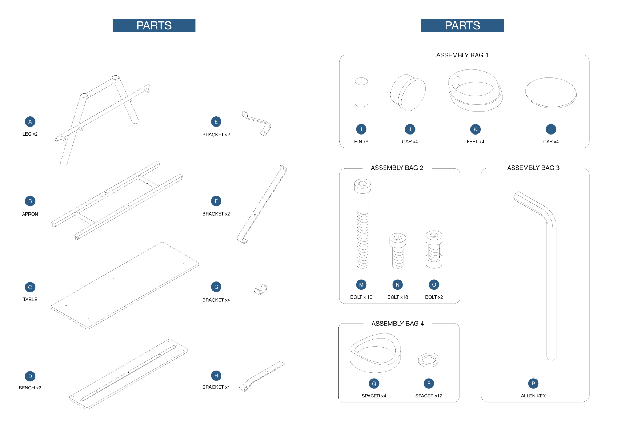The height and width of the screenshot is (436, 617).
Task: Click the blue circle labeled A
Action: [x=30, y=122]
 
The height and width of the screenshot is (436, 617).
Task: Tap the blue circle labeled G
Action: [x=216, y=287]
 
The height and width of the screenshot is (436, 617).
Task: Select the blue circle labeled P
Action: [x=533, y=383]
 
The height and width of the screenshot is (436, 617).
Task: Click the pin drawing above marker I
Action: [x=361, y=92]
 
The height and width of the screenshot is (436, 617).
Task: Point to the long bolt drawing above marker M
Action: [x=362, y=224]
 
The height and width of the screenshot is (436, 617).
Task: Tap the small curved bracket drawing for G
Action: [x=261, y=289]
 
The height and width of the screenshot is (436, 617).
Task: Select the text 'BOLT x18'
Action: [x=397, y=297]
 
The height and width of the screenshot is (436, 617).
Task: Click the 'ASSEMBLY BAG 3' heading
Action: [x=533, y=168]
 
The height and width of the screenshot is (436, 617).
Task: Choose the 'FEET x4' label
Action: [x=476, y=141]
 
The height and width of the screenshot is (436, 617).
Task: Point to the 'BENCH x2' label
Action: [x=30, y=388]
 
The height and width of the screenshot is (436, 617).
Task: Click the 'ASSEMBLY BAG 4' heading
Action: [x=397, y=324]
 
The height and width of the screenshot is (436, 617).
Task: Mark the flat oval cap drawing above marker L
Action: [x=551, y=93]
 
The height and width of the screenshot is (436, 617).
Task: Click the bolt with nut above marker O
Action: [x=434, y=249]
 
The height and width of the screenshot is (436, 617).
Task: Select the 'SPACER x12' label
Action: [x=429, y=396]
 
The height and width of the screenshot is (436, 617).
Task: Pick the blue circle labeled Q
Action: [x=374, y=383]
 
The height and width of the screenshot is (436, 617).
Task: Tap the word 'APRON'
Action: [x=30, y=214]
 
